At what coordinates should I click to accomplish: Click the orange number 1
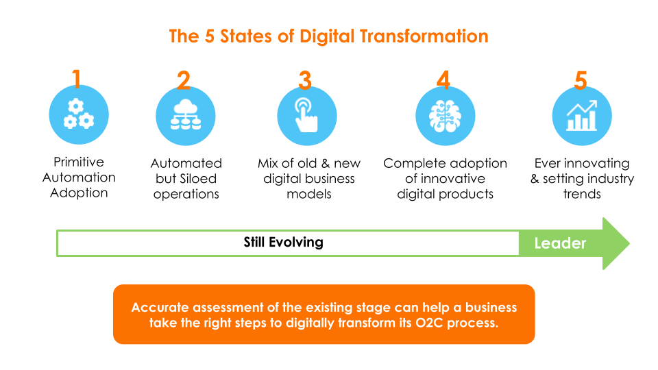[76, 79]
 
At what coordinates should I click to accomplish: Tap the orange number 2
[184, 80]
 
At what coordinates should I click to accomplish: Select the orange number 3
[305, 80]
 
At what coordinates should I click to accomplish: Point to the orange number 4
[443, 79]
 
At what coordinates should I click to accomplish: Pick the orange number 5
[581, 80]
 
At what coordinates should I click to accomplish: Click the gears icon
[78, 114]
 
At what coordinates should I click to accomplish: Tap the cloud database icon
[186, 114]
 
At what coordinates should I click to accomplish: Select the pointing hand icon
[306, 115]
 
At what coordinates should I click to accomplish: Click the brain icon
[445, 116]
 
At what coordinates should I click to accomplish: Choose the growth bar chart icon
[582, 115]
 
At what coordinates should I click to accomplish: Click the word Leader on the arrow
[560, 243]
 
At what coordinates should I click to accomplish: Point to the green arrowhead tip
[629, 243]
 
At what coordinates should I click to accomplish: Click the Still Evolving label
[283, 242]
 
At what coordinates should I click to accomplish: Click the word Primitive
[78, 162]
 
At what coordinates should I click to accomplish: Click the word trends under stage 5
[582, 194]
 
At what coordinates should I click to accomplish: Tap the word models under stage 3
[309, 194]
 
